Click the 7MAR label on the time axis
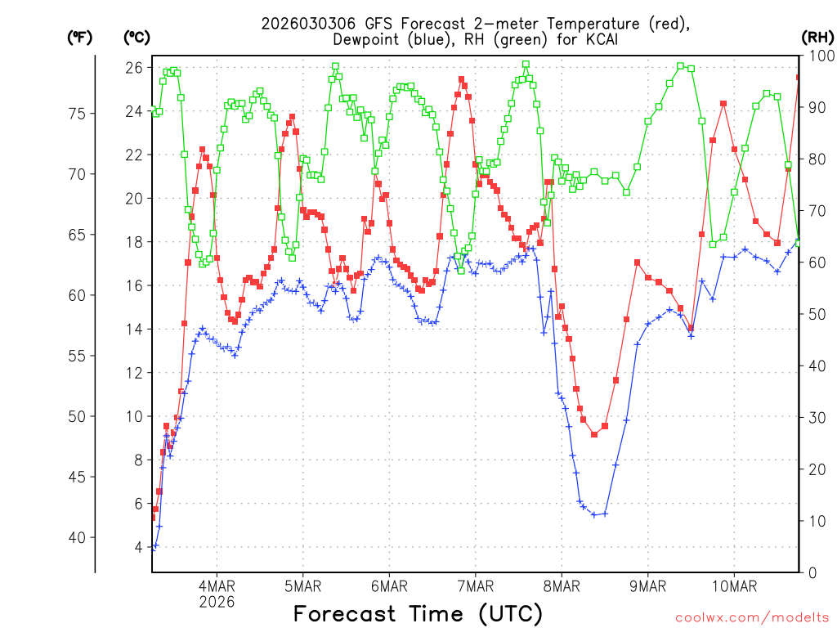475,585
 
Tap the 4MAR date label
217,585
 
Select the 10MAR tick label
733,585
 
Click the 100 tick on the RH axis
817,56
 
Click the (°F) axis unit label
79,37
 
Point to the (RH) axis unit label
817,37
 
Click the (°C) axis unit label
137,37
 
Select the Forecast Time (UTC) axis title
418,613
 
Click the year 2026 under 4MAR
217,601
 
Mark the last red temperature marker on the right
799,78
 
